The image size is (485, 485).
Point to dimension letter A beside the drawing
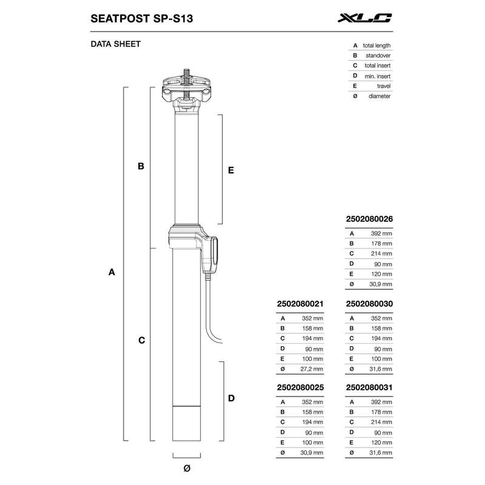pos(112,273)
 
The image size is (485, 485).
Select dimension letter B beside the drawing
pos(141,166)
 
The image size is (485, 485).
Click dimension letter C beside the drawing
pos(141,341)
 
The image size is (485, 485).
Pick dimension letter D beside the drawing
pos(231,398)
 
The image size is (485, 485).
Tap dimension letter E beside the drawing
pos(231,171)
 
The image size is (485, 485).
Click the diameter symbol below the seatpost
pos(187,467)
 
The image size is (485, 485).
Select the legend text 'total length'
pos(376,45)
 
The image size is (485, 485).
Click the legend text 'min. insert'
pos(378,76)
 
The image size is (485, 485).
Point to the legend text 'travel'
pos(383,86)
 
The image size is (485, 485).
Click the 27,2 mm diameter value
pos(311,368)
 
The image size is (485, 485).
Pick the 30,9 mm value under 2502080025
pos(311,452)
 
